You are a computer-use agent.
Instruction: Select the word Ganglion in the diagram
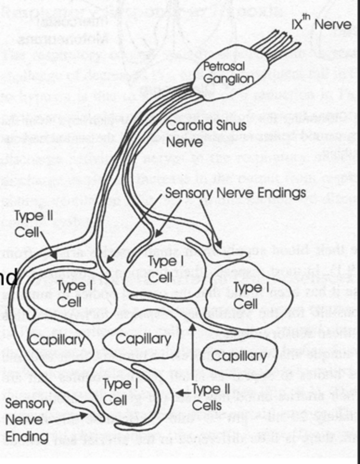(x=228, y=79)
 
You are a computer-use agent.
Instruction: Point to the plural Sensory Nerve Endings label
(x=235, y=193)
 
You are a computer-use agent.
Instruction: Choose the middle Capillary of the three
(x=143, y=339)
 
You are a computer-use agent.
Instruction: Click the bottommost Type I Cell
(x=114, y=392)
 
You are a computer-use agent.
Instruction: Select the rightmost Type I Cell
(x=246, y=295)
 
